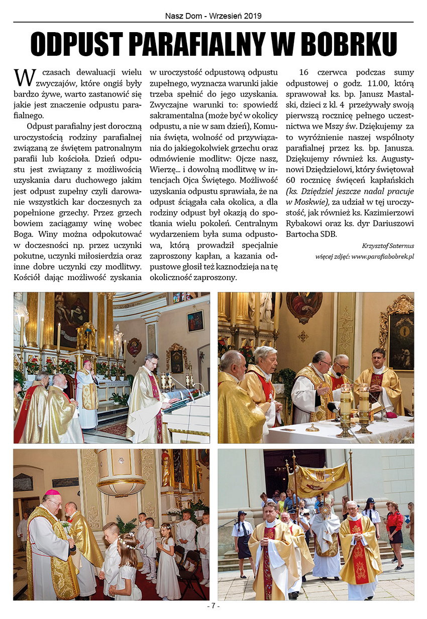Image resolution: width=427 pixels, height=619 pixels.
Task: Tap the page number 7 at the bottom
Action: (x=213, y=606)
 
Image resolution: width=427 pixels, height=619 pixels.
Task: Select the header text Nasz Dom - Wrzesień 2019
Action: (x=213, y=16)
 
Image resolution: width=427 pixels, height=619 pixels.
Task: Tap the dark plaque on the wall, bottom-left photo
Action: (x=23, y=482)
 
